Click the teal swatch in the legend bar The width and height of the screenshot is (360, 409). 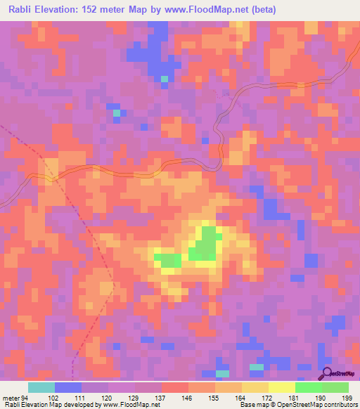[41, 387]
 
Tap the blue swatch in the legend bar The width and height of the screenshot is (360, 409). [68, 387]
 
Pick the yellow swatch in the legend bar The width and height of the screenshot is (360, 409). [281, 387]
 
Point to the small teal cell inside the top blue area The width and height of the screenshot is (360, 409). [164, 79]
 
